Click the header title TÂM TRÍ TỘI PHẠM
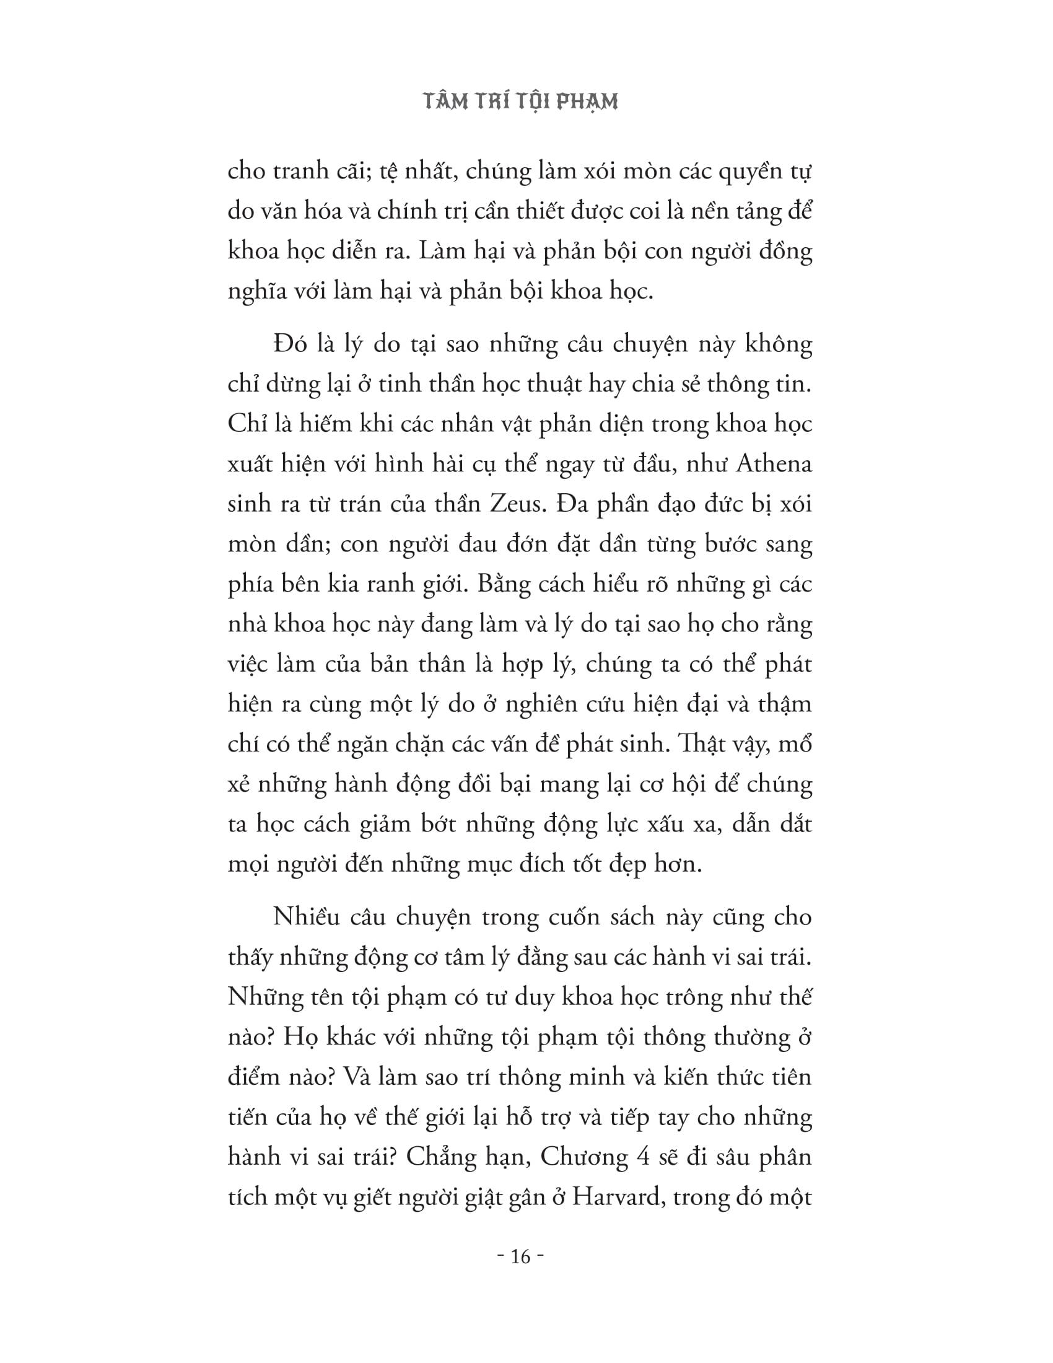click(x=521, y=102)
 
